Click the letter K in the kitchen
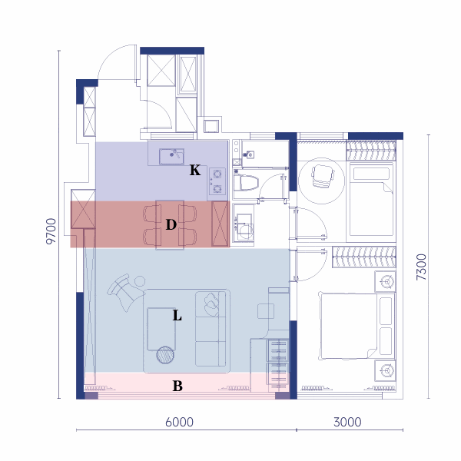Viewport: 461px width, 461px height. click(x=195, y=170)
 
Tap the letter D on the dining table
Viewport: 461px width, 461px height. click(x=171, y=224)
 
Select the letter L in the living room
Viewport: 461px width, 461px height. click(x=177, y=316)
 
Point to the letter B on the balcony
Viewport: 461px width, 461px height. click(x=177, y=386)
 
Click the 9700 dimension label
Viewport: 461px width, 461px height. click(x=51, y=231)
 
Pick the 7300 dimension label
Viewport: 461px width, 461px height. click(x=421, y=267)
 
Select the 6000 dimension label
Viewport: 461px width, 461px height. click(x=179, y=422)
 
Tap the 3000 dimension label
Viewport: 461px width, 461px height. click(x=347, y=422)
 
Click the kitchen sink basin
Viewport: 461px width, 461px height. click(x=171, y=157)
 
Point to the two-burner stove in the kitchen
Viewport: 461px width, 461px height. click(x=217, y=181)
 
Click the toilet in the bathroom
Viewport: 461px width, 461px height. click(x=246, y=183)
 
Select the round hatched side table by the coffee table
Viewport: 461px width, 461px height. click(x=165, y=355)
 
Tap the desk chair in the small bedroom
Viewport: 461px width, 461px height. click(x=323, y=176)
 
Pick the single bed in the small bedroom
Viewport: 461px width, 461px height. click(x=372, y=199)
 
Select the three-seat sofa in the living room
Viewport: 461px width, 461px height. click(x=211, y=329)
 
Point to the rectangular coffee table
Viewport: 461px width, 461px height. click(x=161, y=329)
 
